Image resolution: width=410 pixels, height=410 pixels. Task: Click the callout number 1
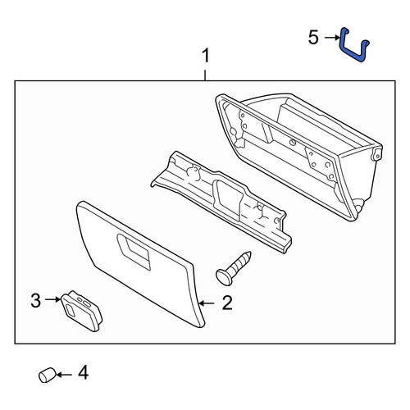click(206, 56)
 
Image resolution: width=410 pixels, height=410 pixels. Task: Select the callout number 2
click(227, 303)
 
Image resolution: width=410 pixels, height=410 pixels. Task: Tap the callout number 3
click(35, 300)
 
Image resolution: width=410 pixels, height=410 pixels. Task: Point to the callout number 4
click(83, 372)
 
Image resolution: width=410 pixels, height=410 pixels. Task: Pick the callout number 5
click(313, 37)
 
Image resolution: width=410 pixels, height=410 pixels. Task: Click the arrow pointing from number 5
click(332, 38)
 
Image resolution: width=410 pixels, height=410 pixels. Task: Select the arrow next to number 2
click(207, 303)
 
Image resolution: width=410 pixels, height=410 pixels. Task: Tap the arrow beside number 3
click(53, 300)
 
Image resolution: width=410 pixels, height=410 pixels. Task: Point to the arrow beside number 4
click(64, 375)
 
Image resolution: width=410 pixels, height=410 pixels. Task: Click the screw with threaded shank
click(233, 269)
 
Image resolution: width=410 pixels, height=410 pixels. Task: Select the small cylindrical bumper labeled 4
click(48, 375)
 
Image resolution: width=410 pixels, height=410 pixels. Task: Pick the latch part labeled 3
click(81, 311)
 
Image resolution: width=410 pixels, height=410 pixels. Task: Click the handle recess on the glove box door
click(134, 252)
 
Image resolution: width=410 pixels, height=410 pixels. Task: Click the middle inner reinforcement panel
click(221, 203)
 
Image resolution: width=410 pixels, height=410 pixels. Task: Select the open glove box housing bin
click(298, 157)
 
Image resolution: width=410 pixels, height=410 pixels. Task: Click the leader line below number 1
click(205, 75)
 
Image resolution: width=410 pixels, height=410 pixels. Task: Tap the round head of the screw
click(224, 278)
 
